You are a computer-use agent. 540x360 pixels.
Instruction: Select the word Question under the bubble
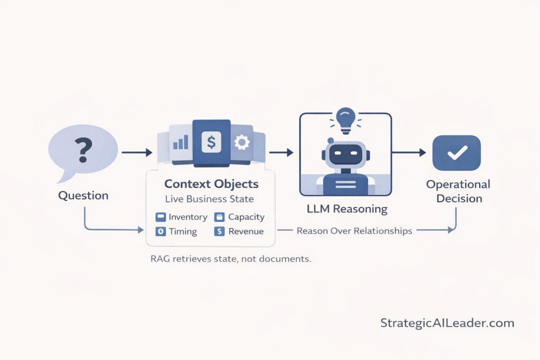[x=83, y=196]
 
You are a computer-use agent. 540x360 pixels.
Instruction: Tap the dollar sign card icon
[x=211, y=143]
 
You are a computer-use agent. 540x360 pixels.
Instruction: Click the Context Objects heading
[x=211, y=184]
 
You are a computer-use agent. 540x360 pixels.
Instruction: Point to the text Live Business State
[x=209, y=199]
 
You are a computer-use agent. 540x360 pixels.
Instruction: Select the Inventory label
[x=188, y=217]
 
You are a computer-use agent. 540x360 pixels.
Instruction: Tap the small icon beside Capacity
[x=219, y=217]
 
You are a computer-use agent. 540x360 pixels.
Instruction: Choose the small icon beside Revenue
[x=219, y=231]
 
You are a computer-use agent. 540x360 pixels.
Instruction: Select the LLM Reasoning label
[x=346, y=209]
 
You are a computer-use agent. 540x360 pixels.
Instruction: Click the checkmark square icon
[x=456, y=153]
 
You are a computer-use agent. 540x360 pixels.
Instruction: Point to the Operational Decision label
[x=458, y=191]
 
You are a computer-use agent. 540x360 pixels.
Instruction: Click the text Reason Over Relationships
[x=354, y=231]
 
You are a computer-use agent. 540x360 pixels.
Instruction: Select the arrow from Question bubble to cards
[x=137, y=153]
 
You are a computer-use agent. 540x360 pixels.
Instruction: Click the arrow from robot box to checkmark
[x=409, y=153]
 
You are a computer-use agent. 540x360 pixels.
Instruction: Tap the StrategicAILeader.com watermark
[x=447, y=323]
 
